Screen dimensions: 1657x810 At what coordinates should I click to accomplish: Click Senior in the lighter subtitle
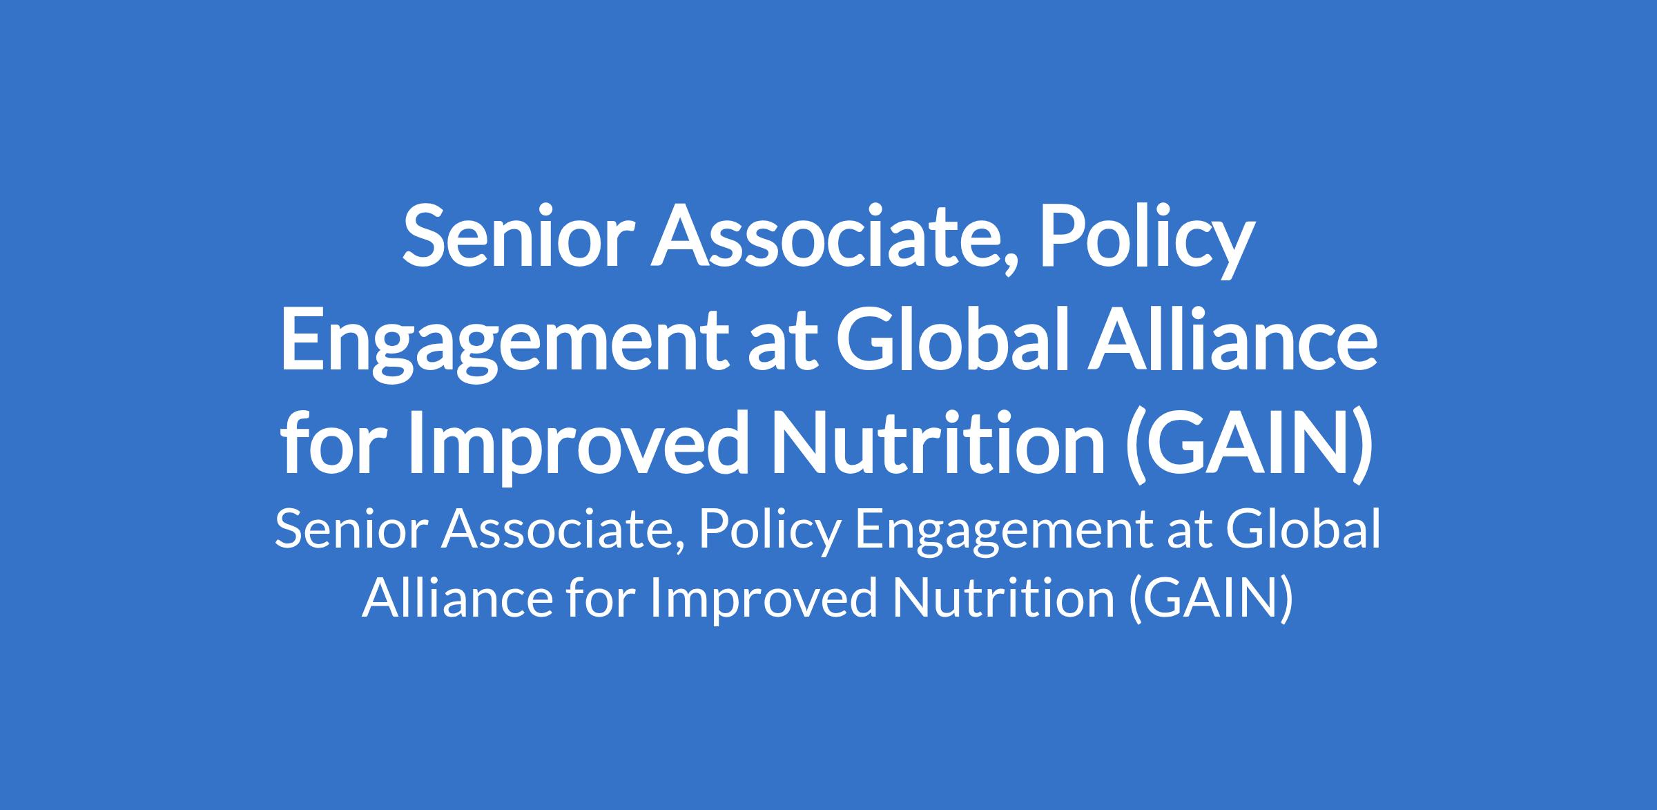(x=349, y=531)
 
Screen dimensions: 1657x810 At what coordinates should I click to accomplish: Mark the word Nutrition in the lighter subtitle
(x=1002, y=597)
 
